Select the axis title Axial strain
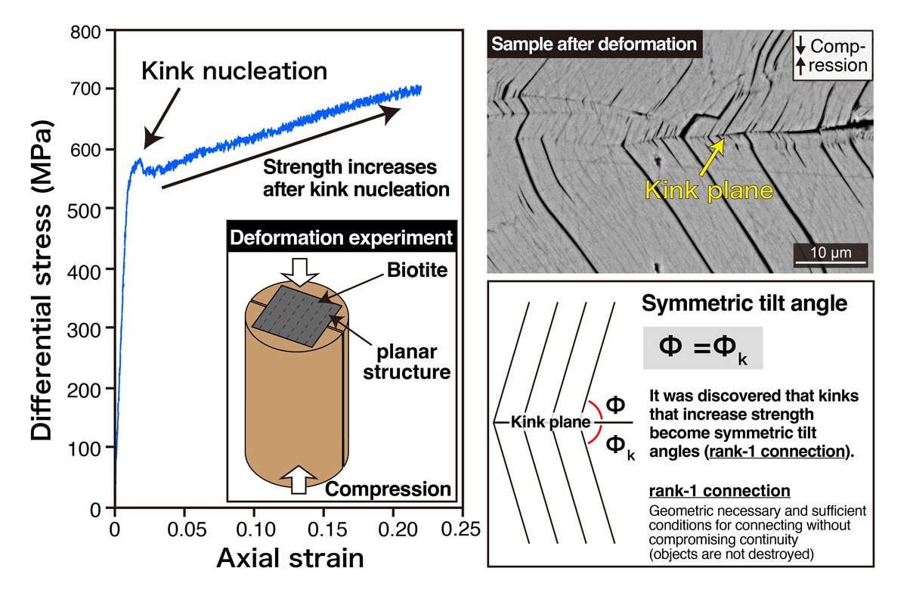[x=289, y=558]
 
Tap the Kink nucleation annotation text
[x=234, y=72]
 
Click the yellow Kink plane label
[x=708, y=190]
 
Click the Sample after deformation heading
[x=593, y=44]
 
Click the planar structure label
[x=413, y=361]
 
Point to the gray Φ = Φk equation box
[x=702, y=348]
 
